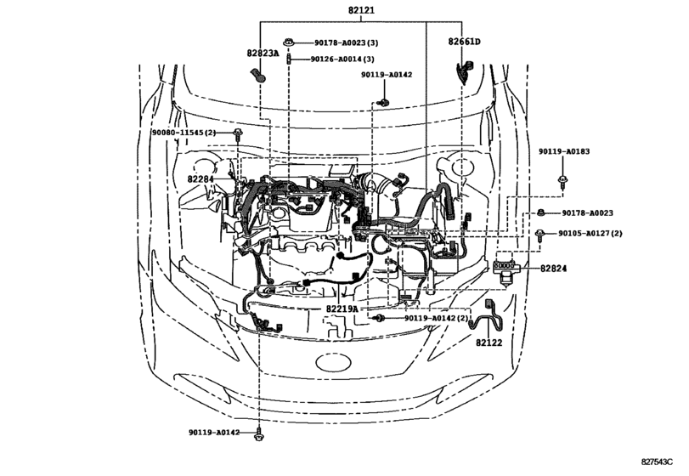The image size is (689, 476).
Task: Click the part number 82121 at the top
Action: click(x=361, y=9)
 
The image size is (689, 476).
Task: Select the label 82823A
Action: click(x=263, y=54)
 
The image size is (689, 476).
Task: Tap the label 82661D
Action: click(x=464, y=42)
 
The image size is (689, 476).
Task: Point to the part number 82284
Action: click(x=200, y=179)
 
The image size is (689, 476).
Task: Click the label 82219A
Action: click(x=342, y=309)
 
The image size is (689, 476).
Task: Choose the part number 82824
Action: click(x=553, y=268)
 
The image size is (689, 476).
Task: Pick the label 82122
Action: click(x=489, y=343)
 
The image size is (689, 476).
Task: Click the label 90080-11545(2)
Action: click(x=184, y=133)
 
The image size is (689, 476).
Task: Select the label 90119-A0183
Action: click(x=564, y=151)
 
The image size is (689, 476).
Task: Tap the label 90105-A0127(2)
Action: click(x=590, y=234)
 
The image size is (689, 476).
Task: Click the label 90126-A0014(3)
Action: click(x=342, y=59)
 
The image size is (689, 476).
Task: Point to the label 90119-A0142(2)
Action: click(x=437, y=318)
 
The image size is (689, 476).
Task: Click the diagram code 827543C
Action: click(x=657, y=462)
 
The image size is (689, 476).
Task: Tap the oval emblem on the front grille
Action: click(x=334, y=363)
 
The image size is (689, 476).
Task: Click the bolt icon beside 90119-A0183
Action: click(x=562, y=181)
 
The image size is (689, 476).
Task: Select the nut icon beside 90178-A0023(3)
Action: click(x=288, y=42)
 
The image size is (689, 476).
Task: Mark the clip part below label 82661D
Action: click(x=463, y=71)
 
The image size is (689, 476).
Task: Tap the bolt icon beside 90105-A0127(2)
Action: click(x=540, y=235)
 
